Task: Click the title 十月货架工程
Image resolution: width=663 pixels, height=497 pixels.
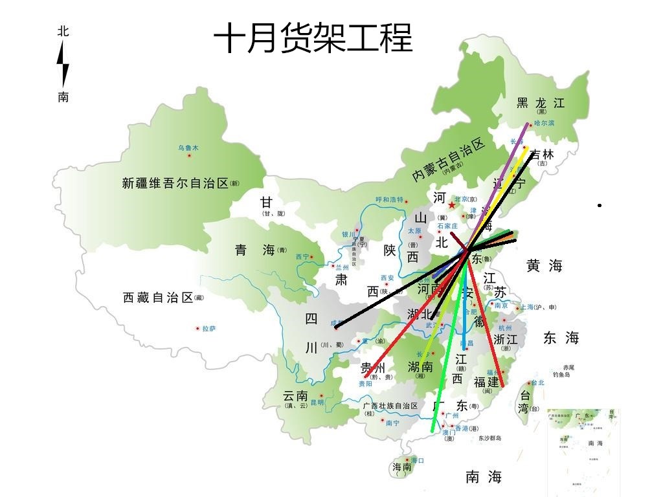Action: tap(313, 38)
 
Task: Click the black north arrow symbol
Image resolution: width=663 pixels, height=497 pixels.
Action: tap(63, 64)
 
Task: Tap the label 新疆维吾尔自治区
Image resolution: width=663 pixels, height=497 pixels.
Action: tap(175, 183)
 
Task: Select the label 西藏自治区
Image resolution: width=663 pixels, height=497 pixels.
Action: tap(159, 298)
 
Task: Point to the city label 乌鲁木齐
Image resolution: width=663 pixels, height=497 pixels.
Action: tap(188, 148)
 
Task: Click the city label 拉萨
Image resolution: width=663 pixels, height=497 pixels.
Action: tap(208, 329)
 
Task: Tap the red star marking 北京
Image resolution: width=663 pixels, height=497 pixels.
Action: tap(451, 204)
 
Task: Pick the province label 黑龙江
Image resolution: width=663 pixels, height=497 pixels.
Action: tap(541, 103)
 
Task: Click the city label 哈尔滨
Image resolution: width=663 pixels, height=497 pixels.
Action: tap(545, 124)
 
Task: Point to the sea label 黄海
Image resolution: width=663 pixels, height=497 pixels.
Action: tap(544, 265)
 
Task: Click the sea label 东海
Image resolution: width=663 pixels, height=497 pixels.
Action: tap(561, 338)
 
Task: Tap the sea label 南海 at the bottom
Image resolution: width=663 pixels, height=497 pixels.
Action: tap(484, 478)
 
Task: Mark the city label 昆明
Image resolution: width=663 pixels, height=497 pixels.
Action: tap(317, 403)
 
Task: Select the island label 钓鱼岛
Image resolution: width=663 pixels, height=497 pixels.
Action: tap(561, 375)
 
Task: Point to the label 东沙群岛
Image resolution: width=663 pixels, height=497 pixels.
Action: tap(490, 438)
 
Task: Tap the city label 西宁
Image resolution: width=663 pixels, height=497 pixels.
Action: tap(302, 257)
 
